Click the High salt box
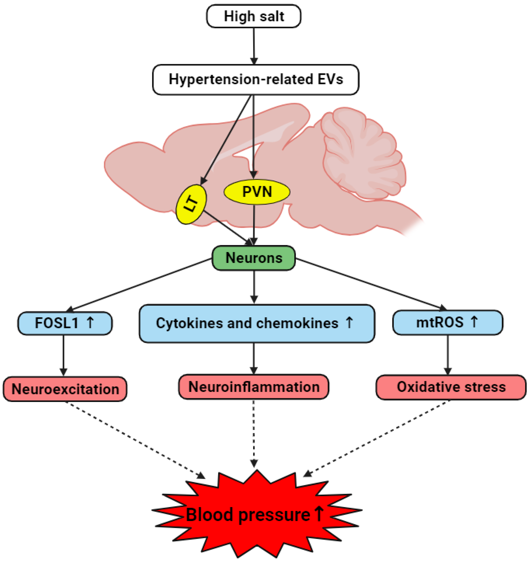coord(254,16)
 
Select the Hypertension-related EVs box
coord(256,79)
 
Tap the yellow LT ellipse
coord(191,204)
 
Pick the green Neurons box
coord(254,258)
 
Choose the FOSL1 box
coord(65,323)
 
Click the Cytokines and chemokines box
coord(257,323)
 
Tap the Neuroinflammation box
coord(254,387)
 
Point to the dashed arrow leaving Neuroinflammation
coord(254,432)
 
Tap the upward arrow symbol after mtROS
coord(474,322)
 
